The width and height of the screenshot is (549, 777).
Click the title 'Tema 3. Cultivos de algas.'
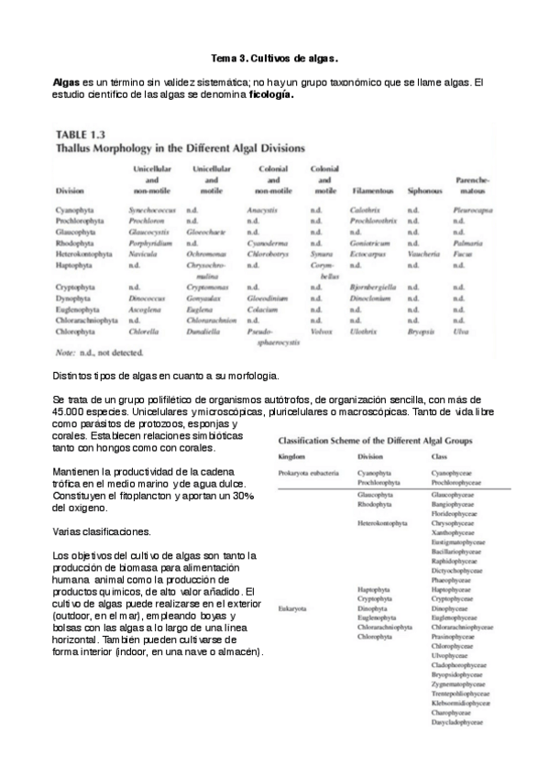click(275, 58)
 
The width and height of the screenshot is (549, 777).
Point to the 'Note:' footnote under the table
click(68, 353)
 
